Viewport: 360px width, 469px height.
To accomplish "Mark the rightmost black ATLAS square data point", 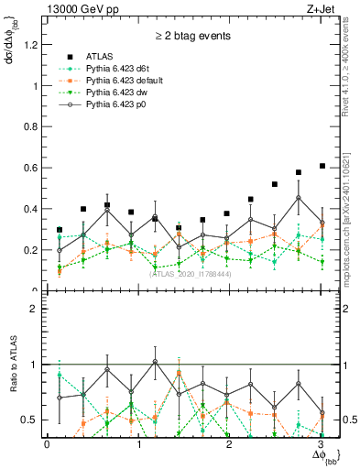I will (322, 166).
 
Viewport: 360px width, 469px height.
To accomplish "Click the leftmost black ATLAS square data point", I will (60, 230).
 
